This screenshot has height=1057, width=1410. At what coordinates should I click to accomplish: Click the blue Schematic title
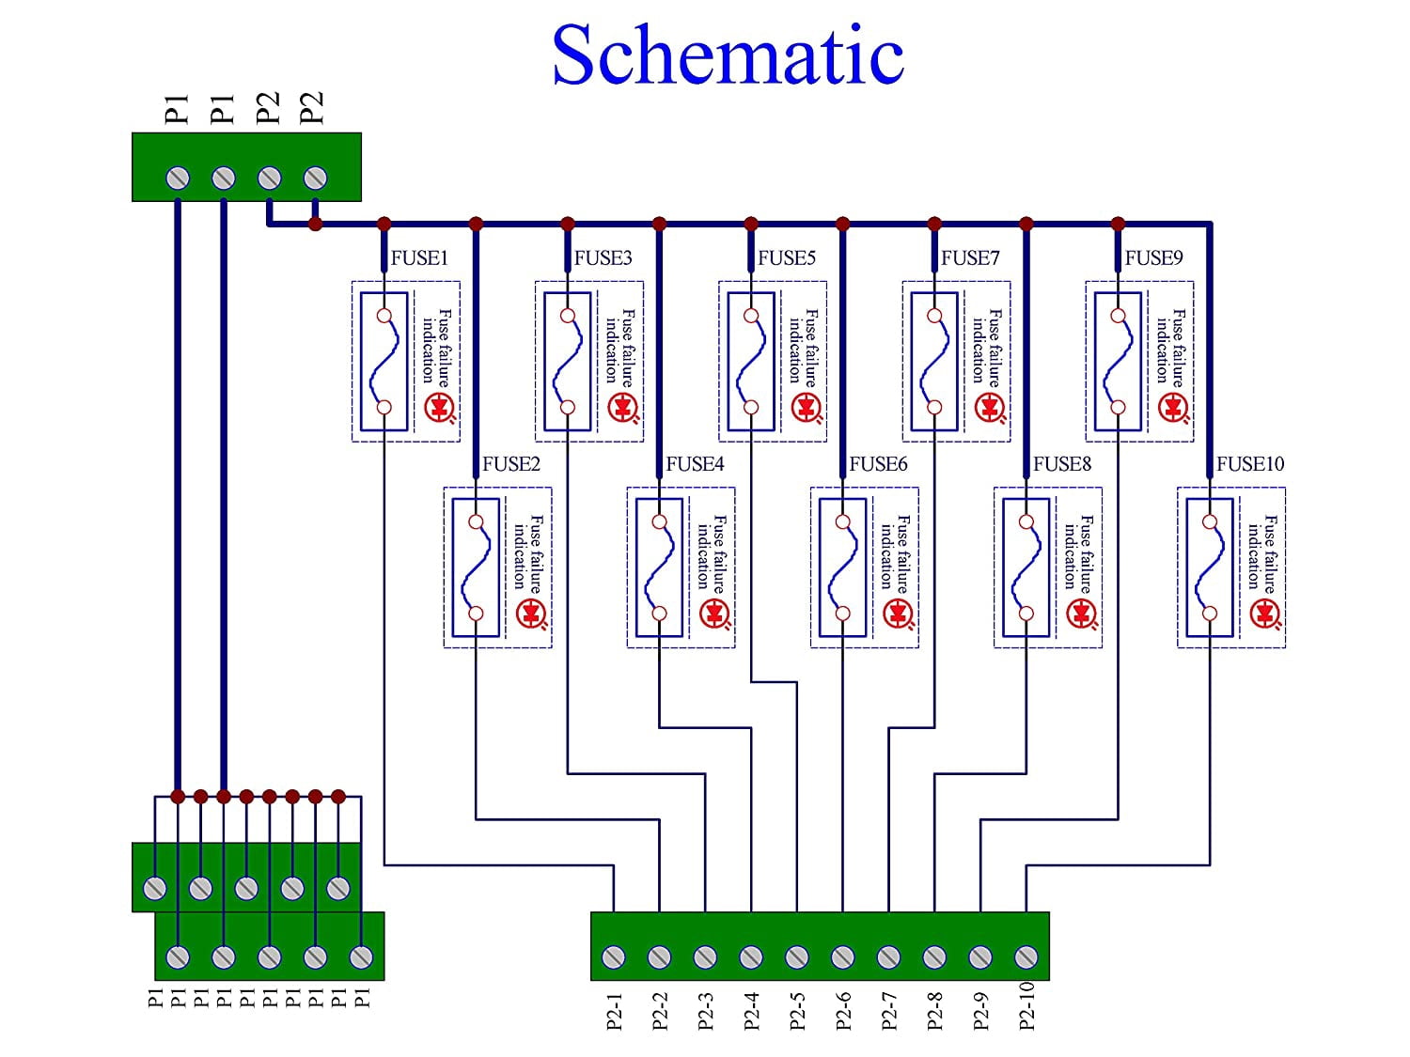point(728,54)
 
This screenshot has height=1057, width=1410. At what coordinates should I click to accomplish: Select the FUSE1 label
point(419,257)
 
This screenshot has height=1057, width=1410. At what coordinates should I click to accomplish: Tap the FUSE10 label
point(1249,464)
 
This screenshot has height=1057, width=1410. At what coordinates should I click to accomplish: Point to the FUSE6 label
point(878,464)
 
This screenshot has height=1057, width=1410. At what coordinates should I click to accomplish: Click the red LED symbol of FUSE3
point(622,408)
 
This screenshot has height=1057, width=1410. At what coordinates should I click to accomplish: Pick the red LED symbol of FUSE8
point(1081,614)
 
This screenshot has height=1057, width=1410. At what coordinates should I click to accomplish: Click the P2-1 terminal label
point(615,1011)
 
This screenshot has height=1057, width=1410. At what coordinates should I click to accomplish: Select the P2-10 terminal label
point(1026,1006)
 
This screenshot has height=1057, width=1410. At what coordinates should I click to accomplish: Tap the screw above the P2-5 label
point(797,957)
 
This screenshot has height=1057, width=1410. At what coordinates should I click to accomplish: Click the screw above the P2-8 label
point(934,957)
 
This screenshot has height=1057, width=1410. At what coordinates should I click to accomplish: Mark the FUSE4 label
point(695,464)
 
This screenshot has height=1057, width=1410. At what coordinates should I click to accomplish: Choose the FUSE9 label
point(1153,257)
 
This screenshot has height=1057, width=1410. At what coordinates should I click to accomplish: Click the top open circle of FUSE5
point(751,316)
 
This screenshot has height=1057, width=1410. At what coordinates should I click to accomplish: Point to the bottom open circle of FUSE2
point(476,614)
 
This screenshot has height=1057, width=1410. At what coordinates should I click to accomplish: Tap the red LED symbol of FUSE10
point(1265,614)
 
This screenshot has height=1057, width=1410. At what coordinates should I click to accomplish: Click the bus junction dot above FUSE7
point(934,224)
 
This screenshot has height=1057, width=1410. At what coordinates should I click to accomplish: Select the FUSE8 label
point(1062,464)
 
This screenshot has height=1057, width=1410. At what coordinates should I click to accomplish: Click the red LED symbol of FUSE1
point(439,408)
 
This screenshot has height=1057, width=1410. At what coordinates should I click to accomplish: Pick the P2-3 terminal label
point(706,1011)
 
